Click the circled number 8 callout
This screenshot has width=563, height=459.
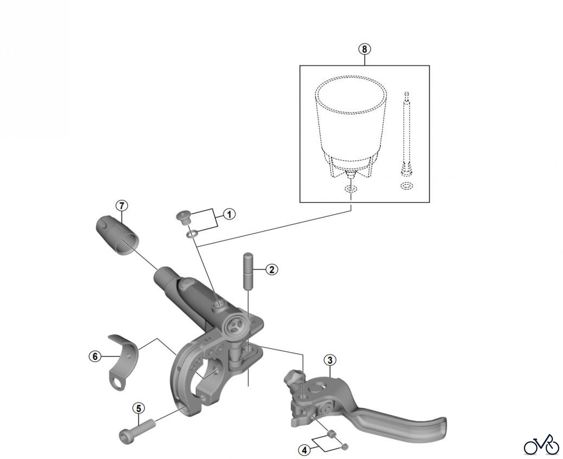coord(365,49)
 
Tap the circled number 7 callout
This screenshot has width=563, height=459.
coord(122,206)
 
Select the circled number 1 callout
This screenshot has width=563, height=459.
coord(229,214)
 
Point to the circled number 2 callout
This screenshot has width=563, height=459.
coord(271,269)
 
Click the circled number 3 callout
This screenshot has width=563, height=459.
coord(330,361)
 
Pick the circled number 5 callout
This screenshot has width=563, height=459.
coord(139,408)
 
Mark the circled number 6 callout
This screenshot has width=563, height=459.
coord(95,356)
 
